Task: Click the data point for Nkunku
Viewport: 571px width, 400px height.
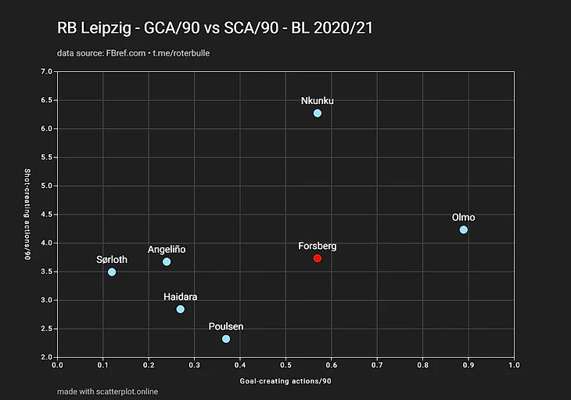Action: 317,114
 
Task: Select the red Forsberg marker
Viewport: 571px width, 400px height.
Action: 317,258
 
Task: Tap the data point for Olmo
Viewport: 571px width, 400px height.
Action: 463,230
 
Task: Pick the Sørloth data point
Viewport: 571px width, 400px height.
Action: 112,272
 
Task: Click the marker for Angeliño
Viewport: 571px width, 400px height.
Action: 167,261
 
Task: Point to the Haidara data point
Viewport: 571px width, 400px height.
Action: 181,309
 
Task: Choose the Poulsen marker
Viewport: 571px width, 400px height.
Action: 226,339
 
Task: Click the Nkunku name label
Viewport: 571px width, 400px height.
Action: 317,100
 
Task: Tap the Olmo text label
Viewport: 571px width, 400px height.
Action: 463,217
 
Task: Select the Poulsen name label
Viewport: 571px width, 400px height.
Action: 226,326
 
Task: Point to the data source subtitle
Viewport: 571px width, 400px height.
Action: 133,53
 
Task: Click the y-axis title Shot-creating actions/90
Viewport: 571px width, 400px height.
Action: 28,214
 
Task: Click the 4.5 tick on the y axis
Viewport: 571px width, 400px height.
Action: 46,214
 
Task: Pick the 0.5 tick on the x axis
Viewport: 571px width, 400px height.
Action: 285,365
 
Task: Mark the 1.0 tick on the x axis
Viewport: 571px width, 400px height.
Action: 514,365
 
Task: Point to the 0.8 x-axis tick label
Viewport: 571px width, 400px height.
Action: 422,365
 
